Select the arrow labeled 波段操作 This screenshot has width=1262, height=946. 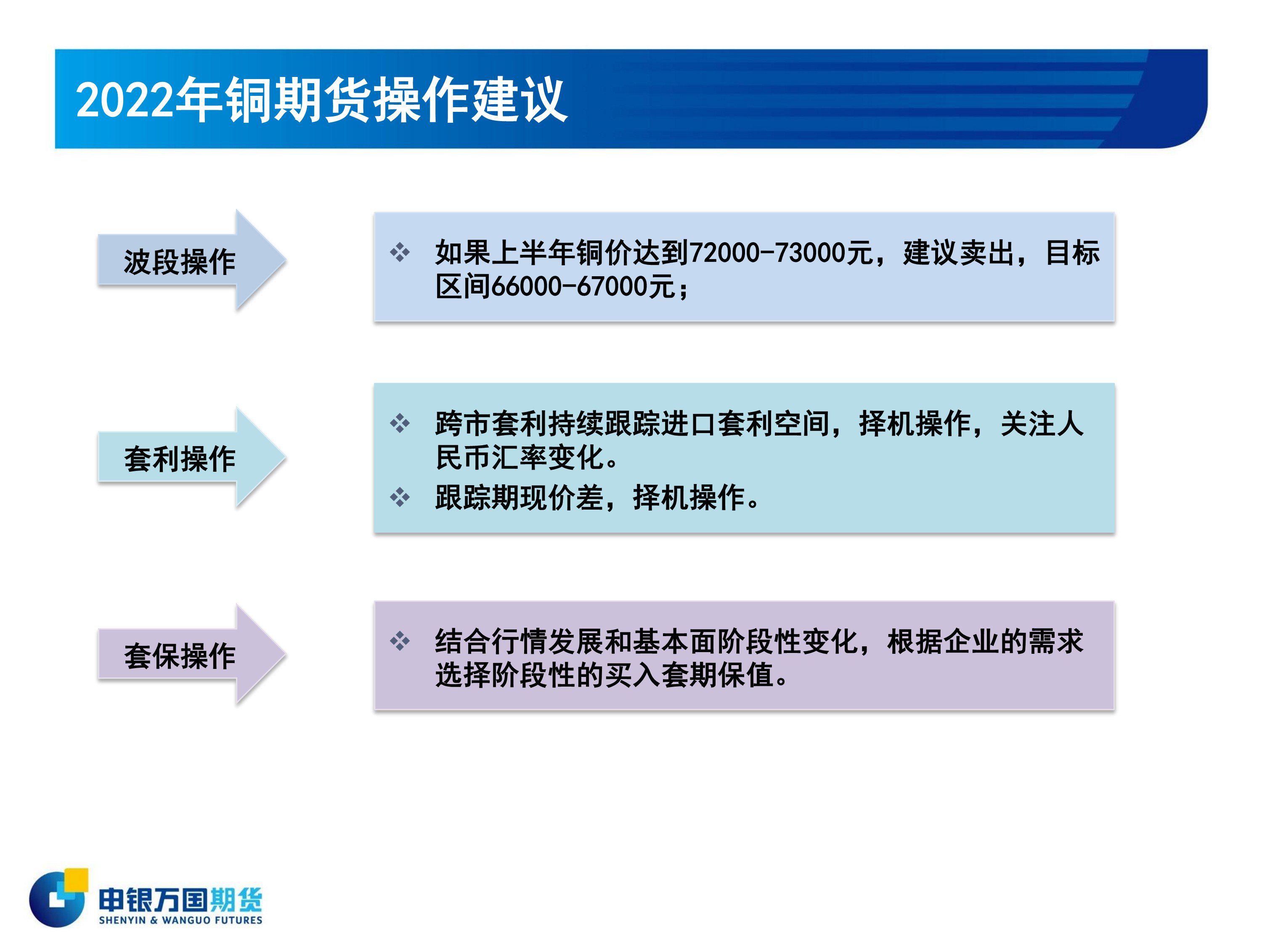(192, 260)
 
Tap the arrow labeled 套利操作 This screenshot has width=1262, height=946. (192, 457)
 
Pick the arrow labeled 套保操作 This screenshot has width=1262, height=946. (192, 654)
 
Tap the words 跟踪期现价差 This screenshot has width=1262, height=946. (519, 497)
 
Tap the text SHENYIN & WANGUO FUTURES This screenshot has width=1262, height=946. (180, 920)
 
